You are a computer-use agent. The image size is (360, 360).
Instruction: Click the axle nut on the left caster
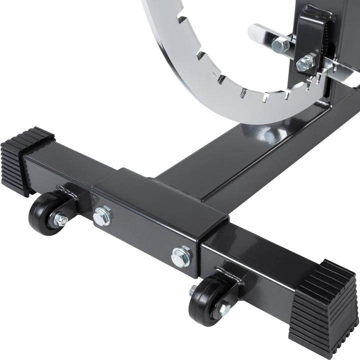60,219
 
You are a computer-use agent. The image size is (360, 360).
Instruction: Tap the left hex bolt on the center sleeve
102,216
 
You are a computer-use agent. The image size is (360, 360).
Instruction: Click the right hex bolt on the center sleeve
181,256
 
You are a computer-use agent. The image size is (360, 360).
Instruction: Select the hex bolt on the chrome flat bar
280,46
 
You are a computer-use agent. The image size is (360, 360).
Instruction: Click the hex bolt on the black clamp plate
305,63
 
